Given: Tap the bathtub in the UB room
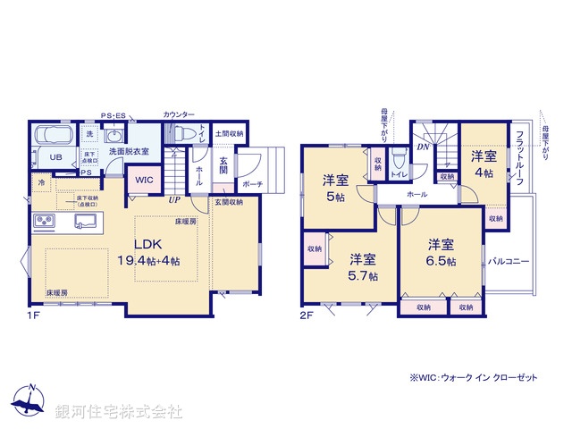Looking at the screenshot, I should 55,137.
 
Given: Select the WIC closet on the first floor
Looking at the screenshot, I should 145,179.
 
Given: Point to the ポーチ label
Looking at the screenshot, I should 252,183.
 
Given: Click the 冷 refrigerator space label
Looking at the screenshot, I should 41,182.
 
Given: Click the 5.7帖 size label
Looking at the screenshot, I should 364,276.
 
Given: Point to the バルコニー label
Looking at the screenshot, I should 509,261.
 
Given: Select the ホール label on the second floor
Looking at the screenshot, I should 416,193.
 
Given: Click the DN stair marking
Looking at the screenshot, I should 424,147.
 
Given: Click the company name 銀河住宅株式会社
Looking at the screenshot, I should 118,411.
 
